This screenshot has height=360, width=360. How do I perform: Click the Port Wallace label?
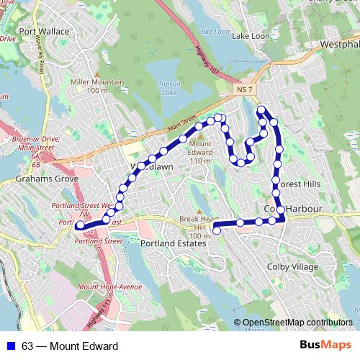[45, 32]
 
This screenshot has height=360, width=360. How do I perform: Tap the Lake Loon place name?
[250, 36]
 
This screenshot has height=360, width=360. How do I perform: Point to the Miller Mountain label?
[98, 86]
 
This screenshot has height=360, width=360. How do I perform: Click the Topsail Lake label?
[168, 88]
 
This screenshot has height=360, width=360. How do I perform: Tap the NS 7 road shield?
[245, 89]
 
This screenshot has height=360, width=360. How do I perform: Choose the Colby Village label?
[292, 266]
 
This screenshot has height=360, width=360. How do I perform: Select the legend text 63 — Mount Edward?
[70, 346]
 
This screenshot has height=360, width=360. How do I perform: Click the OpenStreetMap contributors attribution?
[297, 323]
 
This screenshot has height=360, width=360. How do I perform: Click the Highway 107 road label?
[207, 59]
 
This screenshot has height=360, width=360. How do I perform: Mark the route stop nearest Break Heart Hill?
[216, 230]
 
